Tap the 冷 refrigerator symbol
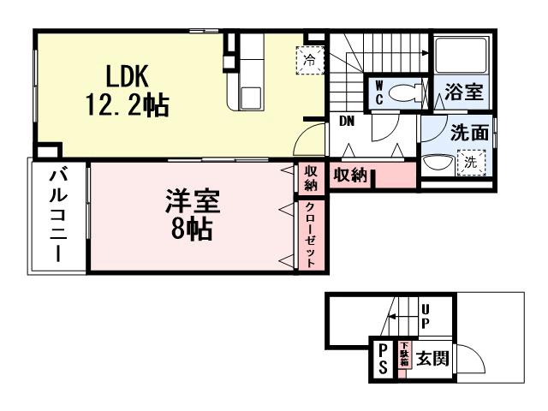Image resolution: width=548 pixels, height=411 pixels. pyautogui.click(x=309, y=59)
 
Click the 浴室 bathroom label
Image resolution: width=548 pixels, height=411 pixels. pyautogui.click(x=463, y=93)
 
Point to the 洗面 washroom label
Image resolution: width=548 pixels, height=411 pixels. pyautogui.click(x=469, y=133)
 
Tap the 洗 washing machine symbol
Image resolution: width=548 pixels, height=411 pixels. pyautogui.click(x=471, y=160)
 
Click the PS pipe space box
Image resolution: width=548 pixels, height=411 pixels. pyautogui.click(x=382, y=358)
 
